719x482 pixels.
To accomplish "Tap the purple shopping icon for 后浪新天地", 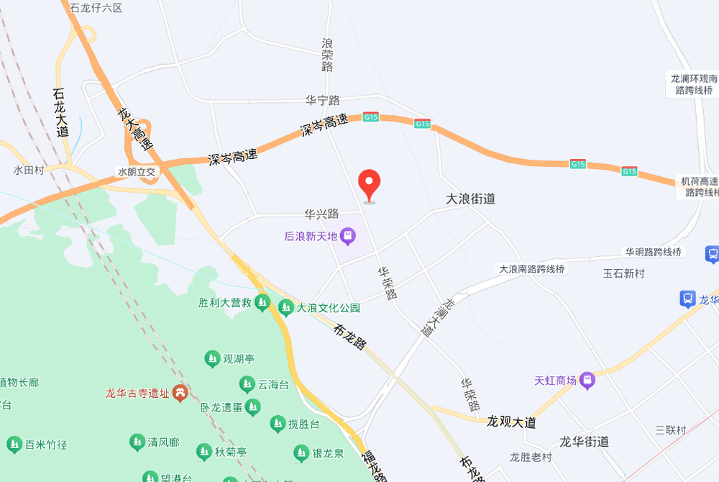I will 348,235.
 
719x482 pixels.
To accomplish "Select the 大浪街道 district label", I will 470,199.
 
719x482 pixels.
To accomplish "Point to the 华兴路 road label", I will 321,214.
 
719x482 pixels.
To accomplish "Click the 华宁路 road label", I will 322,100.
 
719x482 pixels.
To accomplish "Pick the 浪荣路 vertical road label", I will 327,55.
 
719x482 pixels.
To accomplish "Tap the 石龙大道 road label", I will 60,113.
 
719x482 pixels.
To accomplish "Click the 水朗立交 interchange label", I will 137,172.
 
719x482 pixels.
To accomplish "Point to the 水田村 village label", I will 29,170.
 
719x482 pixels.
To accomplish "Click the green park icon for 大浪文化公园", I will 286,307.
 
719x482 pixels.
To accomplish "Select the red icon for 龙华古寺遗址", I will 180,392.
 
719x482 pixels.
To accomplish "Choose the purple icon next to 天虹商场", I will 588,380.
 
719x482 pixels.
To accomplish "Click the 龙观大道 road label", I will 511,422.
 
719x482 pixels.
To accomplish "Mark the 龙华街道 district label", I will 585,441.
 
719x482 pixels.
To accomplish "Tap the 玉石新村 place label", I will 623,273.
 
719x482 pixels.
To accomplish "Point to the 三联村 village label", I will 670,430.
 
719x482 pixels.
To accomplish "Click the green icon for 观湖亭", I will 212,358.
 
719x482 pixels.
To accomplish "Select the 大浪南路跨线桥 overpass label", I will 533,269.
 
